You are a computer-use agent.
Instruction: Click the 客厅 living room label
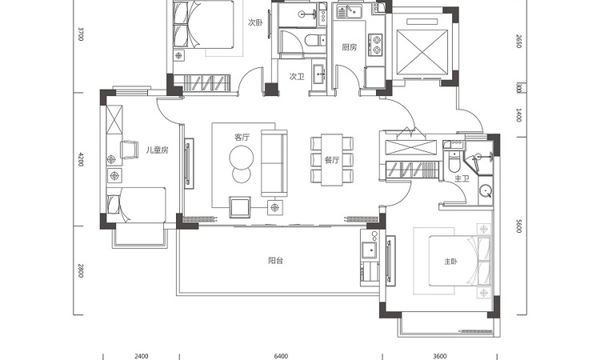click(x=242, y=137)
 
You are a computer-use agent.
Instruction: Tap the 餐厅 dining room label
click(x=332, y=160)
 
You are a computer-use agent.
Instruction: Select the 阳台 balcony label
click(x=275, y=261)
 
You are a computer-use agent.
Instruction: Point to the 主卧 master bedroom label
click(x=450, y=262)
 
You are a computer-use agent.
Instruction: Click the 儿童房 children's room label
click(x=157, y=150)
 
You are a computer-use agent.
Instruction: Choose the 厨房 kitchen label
click(x=349, y=47)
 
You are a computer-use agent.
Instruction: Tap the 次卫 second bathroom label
click(x=297, y=77)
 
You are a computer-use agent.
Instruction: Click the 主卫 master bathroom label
click(x=462, y=178)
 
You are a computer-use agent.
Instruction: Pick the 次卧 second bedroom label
click(x=255, y=22)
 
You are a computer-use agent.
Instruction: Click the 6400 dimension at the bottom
click(x=281, y=357)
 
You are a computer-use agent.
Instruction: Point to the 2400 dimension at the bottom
click(x=141, y=357)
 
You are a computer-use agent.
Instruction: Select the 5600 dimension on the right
click(x=519, y=226)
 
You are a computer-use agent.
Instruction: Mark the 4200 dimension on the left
click(x=81, y=158)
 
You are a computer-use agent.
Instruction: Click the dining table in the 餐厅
click(x=332, y=160)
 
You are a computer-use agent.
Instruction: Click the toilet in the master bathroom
click(x=454, y=161)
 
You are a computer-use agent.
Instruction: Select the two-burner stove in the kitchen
click(x=375, y=44)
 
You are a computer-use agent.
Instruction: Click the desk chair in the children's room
click(x=130, y=150)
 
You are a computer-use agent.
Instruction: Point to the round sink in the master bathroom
click(x=486, y=190)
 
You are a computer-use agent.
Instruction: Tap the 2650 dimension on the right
click(x=519, y=42)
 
